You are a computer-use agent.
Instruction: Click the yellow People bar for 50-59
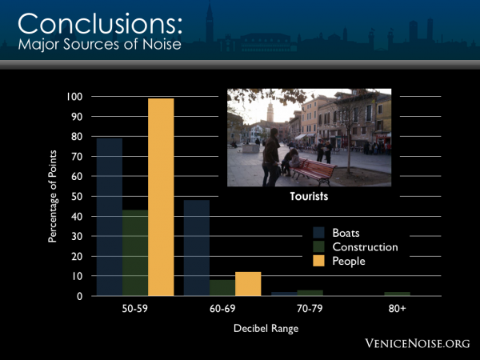161,197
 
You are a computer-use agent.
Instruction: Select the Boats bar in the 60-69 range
197,248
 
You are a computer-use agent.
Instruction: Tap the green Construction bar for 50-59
135,253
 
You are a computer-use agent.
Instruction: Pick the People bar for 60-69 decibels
248,284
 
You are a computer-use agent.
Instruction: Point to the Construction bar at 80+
397,294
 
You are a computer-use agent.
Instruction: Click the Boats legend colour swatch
318,233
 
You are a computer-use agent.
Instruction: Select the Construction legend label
366,247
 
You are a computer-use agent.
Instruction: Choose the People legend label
349,262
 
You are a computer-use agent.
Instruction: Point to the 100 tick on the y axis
74,97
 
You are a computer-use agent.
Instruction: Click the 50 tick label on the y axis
77,197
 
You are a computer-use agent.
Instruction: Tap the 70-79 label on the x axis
310,309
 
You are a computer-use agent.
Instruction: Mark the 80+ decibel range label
397,309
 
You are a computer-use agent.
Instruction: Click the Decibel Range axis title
266,329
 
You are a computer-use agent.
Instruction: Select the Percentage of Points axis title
53,196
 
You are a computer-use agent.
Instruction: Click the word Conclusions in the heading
100,24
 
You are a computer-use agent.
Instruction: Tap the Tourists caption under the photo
309,196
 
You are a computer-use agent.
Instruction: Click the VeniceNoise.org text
418,343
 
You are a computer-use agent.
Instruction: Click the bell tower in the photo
270,111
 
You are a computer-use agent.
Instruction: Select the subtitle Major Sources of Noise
100,44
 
